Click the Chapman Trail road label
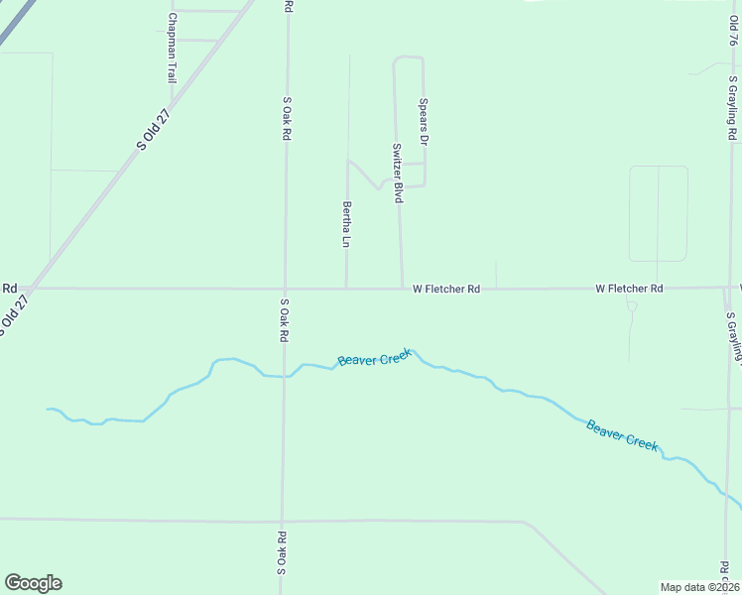(172, 48)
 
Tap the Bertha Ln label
(347, 224)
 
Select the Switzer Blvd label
(397, 174)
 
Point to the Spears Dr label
(423, 121)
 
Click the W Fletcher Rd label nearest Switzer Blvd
(446, 289)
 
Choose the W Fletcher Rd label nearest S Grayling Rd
(629, 289)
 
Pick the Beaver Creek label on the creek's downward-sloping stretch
(622, 435)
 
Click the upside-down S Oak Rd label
(282, 553)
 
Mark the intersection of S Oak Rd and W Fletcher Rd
(285, 289)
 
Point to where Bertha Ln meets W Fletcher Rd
(346, 289)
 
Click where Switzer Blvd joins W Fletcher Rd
(402, 289)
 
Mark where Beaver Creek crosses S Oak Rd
(284, 376)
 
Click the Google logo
(33, 583)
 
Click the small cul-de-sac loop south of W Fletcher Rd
(631, 305)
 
